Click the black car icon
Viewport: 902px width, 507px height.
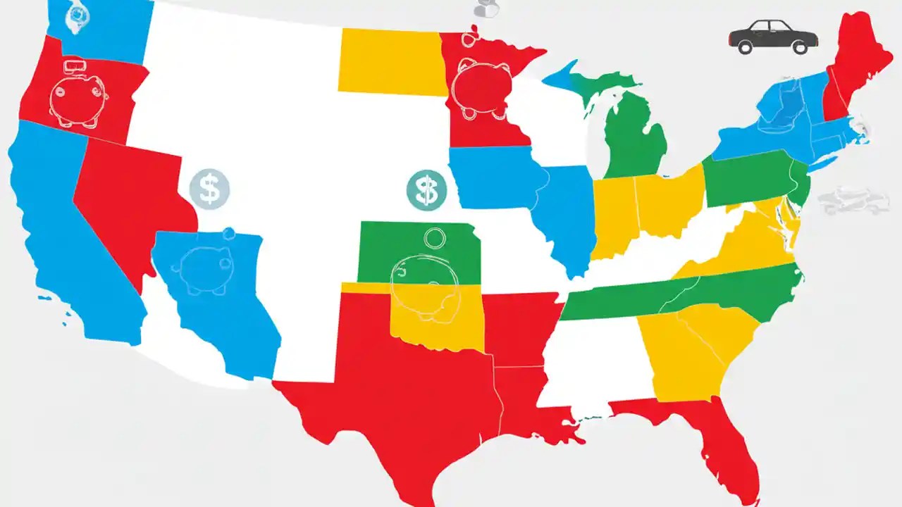point(773,37)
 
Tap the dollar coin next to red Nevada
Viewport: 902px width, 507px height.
point(210,189)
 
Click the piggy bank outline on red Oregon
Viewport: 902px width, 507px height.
point(78,99)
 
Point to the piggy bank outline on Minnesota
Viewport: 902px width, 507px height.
point(482,88)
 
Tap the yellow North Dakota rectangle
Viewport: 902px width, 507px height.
point(391,61)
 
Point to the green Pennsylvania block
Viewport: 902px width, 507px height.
point(747,180)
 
